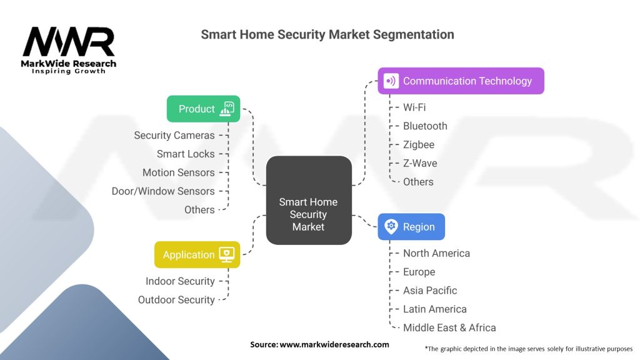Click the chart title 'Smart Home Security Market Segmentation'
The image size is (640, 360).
click(x=327, y=34)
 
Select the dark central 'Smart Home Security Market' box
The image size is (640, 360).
click(x=308, y=200)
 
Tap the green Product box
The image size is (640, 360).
click(x=203, y=109)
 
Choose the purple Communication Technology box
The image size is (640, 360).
click(x=461, y=81)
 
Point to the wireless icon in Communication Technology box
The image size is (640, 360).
click(x=391, y=81)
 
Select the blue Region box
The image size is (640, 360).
click(x=411, y=226)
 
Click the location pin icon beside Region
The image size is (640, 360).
click(x=391, y=226)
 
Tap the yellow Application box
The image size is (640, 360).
click(x=197, y=254)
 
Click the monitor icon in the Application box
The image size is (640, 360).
click(x=226, y=254)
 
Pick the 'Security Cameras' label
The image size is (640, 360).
click(x=174, y=135)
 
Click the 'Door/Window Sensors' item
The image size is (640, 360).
click(x=163, y=191)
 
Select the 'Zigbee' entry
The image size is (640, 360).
click(x=419, y=144)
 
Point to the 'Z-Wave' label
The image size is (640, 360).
click(x=420, y=163)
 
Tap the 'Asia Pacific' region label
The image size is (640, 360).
click(x=430, y=291)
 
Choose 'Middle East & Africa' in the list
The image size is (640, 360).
click(x=449, y=327)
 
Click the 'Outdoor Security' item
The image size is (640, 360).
click(x=176, y=300)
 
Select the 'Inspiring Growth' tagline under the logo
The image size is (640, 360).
click(x=69, y=71)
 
